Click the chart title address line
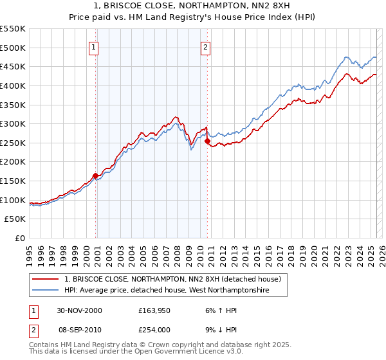[x=193, y=6]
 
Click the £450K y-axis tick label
[x=13, y=66]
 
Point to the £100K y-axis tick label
[x=13, y=200]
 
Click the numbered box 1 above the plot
[x=94, y=47]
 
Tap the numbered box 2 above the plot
[x=205, y=47]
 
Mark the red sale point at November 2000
[x=96, y=175]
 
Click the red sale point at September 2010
[x=207, y=141]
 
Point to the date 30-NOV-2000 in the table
[x=79, y=310]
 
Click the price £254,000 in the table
[x=156, y=328]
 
